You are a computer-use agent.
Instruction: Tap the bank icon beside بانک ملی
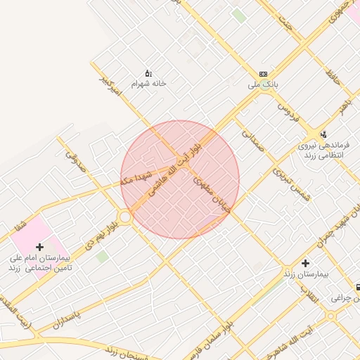tap(263, 74)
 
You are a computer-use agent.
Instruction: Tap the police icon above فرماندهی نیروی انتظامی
tap(323, 134)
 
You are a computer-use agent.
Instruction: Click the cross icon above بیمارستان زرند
tap(305, 262)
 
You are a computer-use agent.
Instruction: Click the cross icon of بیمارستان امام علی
tap(39, 247)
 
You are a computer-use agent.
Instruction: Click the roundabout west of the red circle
tap(125, 217)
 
